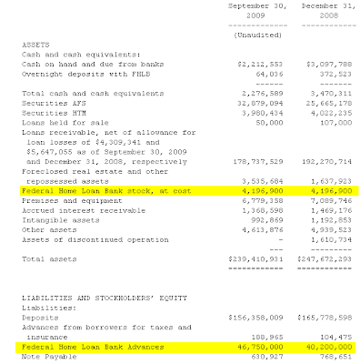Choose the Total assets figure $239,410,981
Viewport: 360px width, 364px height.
point(255,235)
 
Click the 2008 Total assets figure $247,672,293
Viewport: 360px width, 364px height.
point(324,235)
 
